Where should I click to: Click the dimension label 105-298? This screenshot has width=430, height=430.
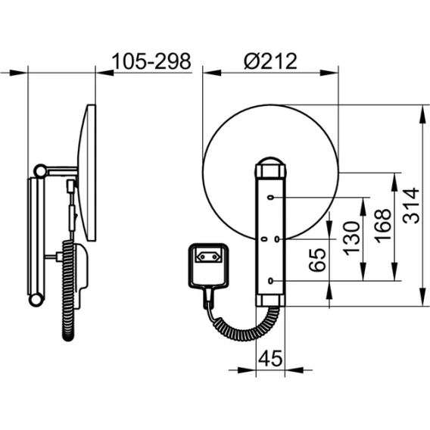[151, 61]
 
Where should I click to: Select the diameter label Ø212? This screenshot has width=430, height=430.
[270, 61]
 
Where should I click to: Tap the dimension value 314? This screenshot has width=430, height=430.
[411, 205]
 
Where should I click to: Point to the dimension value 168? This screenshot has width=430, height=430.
[383, 226]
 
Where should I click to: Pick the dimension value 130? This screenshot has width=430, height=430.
[352, 238]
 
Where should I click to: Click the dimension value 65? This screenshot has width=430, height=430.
[317, 260]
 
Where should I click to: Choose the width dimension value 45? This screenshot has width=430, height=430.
[270, 358]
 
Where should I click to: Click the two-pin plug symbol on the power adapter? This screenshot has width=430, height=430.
[208, 257]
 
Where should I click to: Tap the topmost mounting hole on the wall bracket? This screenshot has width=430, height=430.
[271, 197]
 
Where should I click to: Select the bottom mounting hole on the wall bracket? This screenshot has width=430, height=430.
[271, 281]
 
